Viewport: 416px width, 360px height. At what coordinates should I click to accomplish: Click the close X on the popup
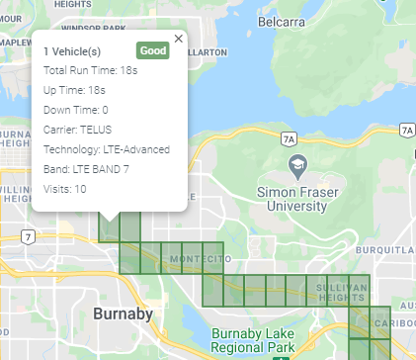click(178, 39)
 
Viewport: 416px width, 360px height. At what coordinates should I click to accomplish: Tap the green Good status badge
click(152, 50)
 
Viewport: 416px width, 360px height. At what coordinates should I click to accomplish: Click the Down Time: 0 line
click(76, 110)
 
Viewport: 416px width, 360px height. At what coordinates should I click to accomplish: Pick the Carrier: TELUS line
click(78, 130)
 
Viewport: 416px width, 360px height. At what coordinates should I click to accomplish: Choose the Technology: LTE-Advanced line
click(107, 149)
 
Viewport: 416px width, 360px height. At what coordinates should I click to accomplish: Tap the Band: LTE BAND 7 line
click(86, 169)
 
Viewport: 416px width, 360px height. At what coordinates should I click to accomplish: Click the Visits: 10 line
click(65, 189)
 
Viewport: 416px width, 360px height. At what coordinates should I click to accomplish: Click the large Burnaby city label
click(123, 315)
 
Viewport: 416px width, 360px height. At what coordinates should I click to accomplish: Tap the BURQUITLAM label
click(397, 250)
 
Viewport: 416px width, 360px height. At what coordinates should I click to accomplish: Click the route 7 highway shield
click(30, 235)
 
